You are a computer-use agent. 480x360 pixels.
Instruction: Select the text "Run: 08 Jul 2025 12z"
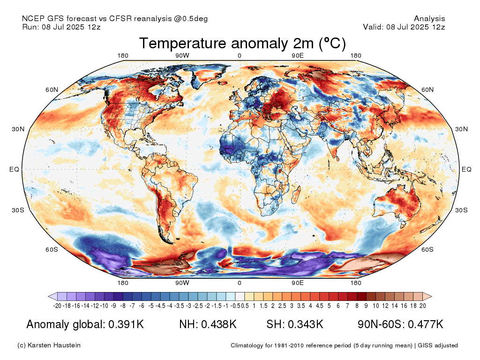pyautogui.click(x=61, y=27)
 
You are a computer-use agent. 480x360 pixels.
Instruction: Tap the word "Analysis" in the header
pyautogui.click(x=429, y=19)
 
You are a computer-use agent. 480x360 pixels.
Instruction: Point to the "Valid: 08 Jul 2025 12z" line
pyautogui.click(x=404, y=27)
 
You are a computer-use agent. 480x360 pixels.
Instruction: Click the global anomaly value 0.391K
pyautogui.click(x=126, y=324)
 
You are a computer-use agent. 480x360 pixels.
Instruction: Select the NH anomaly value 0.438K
pyautogui.click(x=219, y=324)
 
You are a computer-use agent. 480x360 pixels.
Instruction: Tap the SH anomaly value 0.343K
pyautogui.click(x=306, y=324)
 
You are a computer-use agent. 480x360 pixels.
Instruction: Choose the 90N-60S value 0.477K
pyautogui.click(x=426, y=324)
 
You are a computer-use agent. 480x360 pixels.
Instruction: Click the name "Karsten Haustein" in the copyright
pyautogui.click(x=54, y=345)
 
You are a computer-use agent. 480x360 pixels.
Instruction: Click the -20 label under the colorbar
pyautogui.click(x=57, y=306)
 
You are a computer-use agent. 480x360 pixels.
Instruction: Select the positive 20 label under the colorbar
pyautogui.click(x=423, y=306)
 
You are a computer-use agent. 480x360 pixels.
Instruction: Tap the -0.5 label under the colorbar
pyautogui.click(x=236, y=306)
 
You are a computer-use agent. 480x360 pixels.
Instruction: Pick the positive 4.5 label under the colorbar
pyautogui.click(x=319, y=306)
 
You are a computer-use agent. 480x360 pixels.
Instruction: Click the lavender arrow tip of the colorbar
pyautogui.click(x=49, y=296)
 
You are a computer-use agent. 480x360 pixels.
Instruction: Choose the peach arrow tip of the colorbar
pyautogui.click(x=432, y=296)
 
